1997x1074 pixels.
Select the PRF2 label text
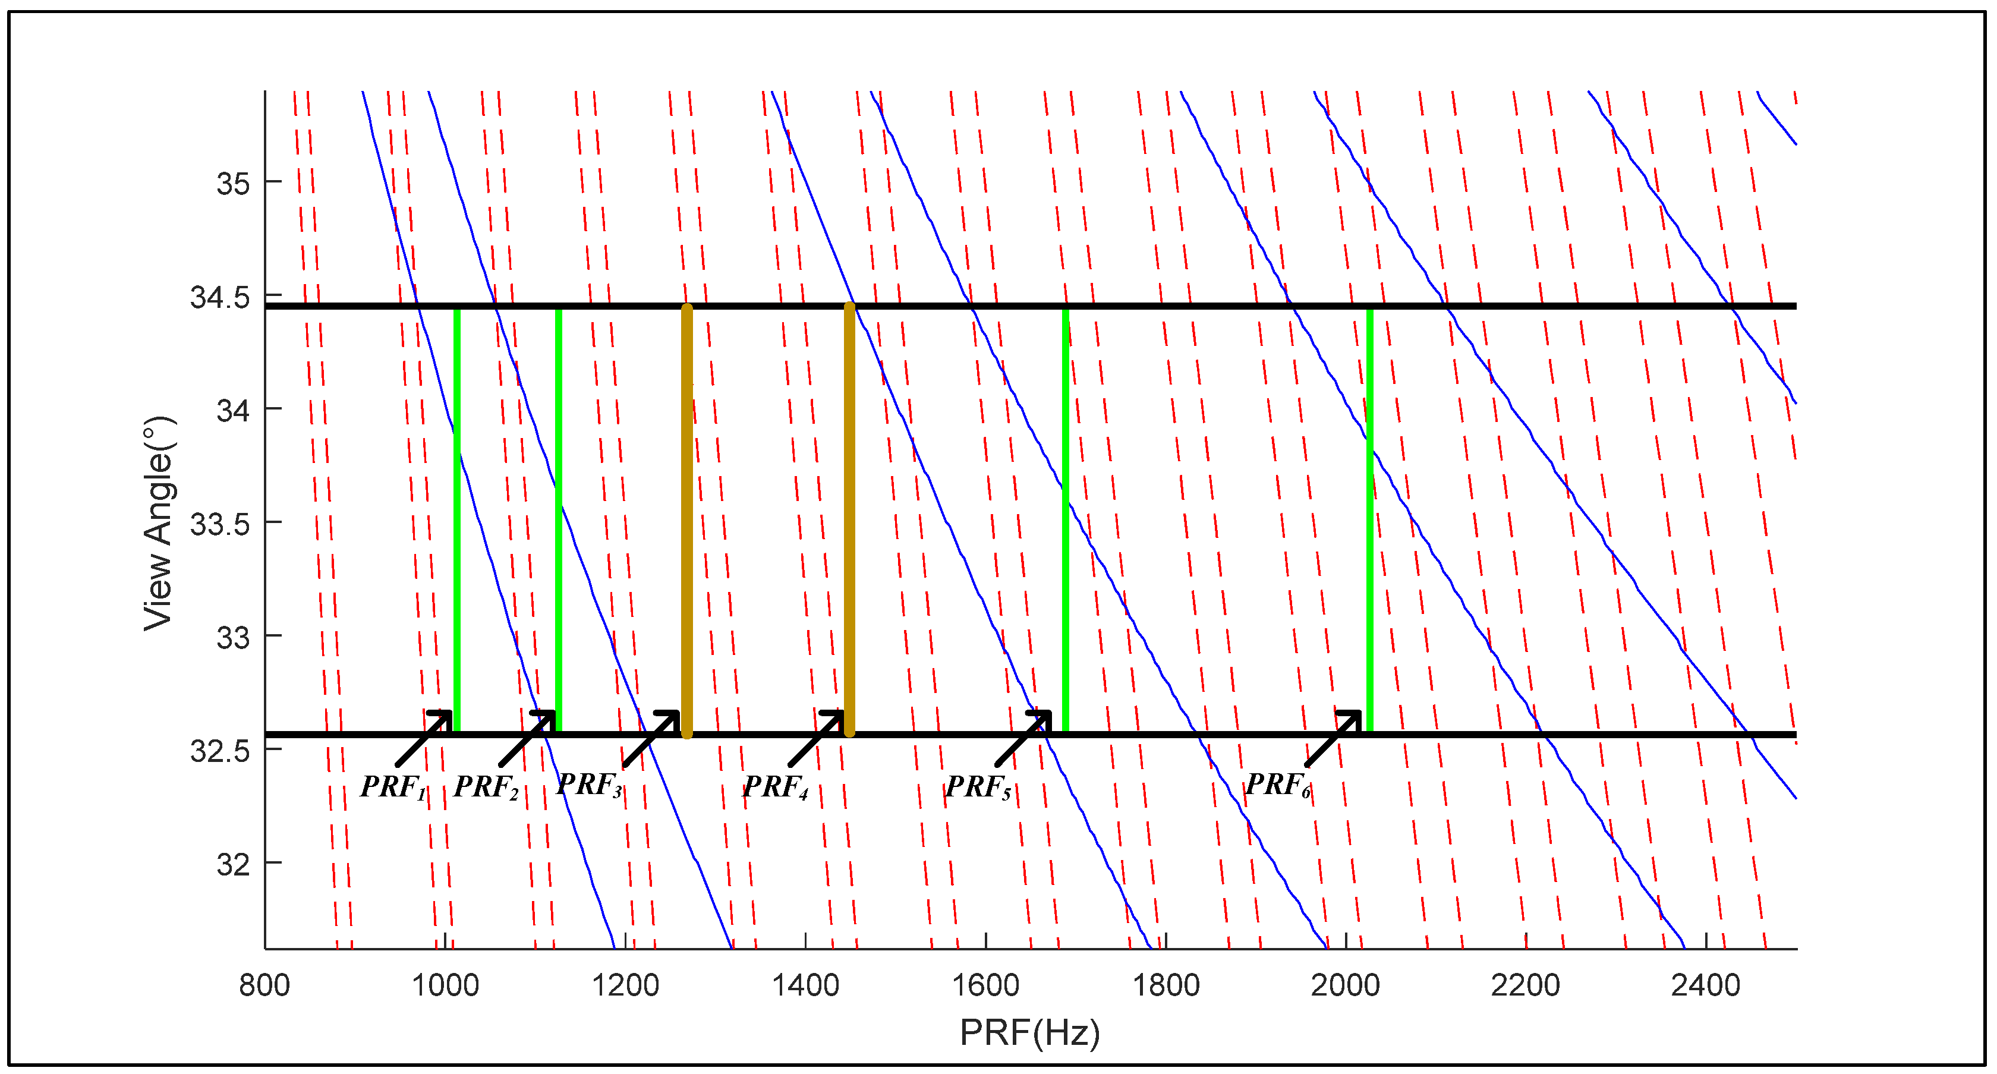(486, 787)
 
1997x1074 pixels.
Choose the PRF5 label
(978, 787)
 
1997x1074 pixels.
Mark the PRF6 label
(1278, 785)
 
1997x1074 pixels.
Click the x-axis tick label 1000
(445, 985)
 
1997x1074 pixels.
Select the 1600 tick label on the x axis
(985, 985)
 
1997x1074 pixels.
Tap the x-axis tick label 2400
(1706, 985)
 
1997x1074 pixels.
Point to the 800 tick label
(264, 985)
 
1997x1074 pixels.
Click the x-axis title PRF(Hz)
(1029, 1032)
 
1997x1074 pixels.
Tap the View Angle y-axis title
(159, 524)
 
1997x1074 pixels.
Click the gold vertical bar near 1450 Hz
(850, 519)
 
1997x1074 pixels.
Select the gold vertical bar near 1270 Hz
(687, 519)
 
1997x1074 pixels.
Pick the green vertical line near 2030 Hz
(1370, 519)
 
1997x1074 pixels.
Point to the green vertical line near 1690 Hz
(1066, 519)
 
